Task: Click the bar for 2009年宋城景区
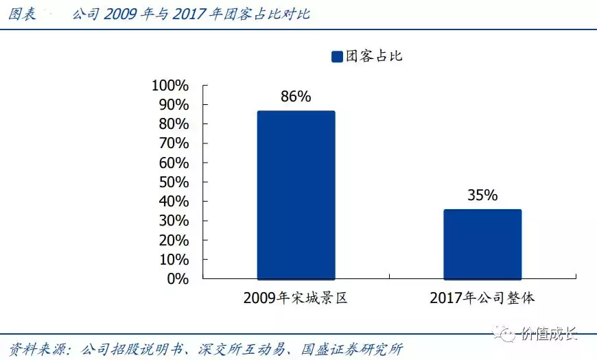(296, 195)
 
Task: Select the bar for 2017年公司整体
(482, 244)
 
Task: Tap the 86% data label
(296, 97)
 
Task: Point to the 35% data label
(482, 195)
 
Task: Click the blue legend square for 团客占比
(337, 56)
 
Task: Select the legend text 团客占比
(374, 56)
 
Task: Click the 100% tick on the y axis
(169, 86)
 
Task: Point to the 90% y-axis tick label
(173, 105)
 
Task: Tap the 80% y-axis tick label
(173, 124)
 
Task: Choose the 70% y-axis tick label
(173, 143)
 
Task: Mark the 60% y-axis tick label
(173, 163)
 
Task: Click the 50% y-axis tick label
(173, 182)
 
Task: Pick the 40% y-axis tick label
(173, 202)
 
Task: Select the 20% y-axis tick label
(173, 241)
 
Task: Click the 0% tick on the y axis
(177, 279)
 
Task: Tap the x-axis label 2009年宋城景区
(296, 298)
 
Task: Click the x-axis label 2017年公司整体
(482, 298)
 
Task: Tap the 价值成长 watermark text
(549, 335)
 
